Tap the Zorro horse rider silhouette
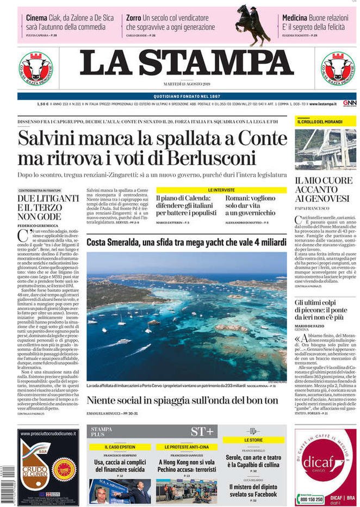click(x=252, y=24)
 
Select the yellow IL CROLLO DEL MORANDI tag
click(x=318, y=122)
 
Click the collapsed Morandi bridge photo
click(x=325, y=149)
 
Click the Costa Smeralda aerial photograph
click(x=187, y=316)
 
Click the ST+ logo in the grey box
click(x=202, y=431)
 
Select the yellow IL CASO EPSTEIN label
click(x=120, y=447)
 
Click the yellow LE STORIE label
click(x=253, y=439)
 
